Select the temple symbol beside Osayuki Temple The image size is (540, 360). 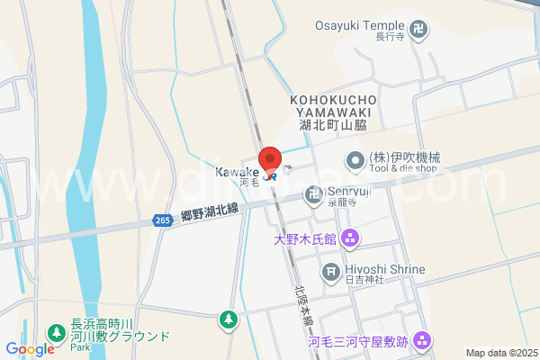coord(418,31)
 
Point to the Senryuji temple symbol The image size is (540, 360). coord(313,192)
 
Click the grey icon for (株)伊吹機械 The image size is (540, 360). coord(355,162)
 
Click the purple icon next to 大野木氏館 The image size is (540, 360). coord(350,239)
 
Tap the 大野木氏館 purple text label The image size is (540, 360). coord(305,239)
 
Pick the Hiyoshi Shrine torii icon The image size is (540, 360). coord(331,270)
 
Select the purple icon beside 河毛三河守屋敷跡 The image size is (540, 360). coord(424,341)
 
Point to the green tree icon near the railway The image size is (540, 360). coord(229,319)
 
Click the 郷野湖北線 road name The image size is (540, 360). coord(209,211)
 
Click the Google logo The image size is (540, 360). coord(30,349)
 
